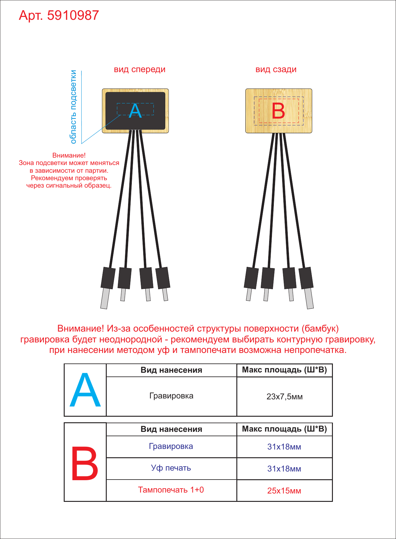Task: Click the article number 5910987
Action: click(73, 15)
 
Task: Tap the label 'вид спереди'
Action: click(140, 70)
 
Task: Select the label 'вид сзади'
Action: click(276, 69)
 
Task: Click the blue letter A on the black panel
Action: click(135, 111)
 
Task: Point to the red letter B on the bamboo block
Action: click(278, 111)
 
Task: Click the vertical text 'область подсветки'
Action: click(73, 107)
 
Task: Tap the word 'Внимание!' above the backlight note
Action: click(69, 155)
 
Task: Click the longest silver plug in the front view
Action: click(105, 298)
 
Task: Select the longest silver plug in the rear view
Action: click(309, 298)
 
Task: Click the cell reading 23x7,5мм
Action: click(285, 397)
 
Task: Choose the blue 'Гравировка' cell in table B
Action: click(171, 446)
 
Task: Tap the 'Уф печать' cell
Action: click(171, 468)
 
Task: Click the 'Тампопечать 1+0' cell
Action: click(171, 490)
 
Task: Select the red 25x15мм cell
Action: click(284, 491)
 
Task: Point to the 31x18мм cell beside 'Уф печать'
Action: click(284, 469)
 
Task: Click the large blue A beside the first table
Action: click(85, 390)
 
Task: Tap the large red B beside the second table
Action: click(85, 463)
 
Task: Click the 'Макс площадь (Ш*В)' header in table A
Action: click(285, 370)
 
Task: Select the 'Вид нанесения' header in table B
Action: click(171, 429)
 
